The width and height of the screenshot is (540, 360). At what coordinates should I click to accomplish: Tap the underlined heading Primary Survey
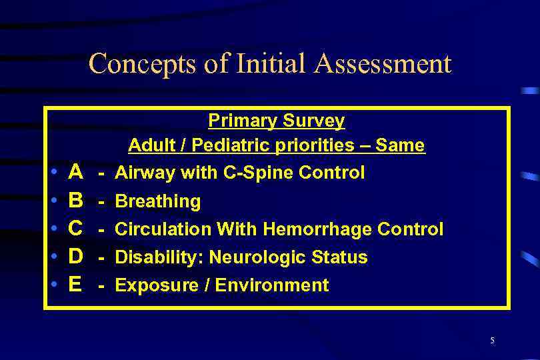pos(276,121)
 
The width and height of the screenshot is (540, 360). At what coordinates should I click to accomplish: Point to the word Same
pos(400,145)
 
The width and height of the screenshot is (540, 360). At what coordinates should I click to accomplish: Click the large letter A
pos(76,173)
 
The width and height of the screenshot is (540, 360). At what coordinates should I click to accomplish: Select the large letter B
pos(76,201)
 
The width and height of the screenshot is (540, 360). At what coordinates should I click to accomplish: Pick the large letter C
pos(76,229)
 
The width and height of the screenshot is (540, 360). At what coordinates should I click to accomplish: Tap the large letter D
pos(76,257)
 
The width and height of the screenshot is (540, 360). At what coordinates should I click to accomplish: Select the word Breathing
pos(158,201)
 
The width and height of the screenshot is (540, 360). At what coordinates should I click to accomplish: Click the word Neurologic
pos(239,257)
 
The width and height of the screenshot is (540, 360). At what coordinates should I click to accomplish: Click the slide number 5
pos(492,341)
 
